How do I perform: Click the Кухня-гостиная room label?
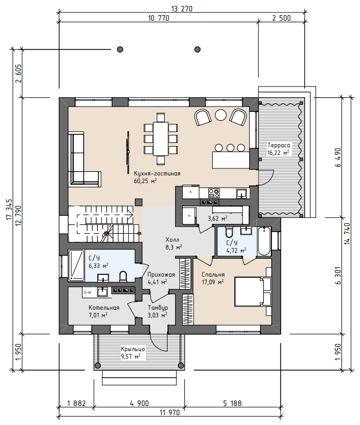pos(157,173)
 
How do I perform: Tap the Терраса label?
pos(278,145)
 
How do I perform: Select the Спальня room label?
pos(213,274)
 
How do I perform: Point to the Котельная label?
pos(104,308)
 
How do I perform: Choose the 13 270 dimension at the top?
pos(182,9)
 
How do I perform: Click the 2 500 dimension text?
pos(281,18)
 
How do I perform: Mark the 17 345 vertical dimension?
pos(9,209)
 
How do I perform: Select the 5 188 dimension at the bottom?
pos(232,403)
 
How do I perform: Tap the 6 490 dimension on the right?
pos(338,158)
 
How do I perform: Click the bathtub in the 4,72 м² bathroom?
pos(264,241)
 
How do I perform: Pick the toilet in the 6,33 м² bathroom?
pos(123,276)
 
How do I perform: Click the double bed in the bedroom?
pos(253,292)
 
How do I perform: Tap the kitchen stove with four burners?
pos(214,193)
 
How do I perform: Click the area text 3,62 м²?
pos(218,218)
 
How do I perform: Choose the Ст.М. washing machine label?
pos(88,292)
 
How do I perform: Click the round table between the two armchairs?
pos(221,115)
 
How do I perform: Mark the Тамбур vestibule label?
pos(158,308)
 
